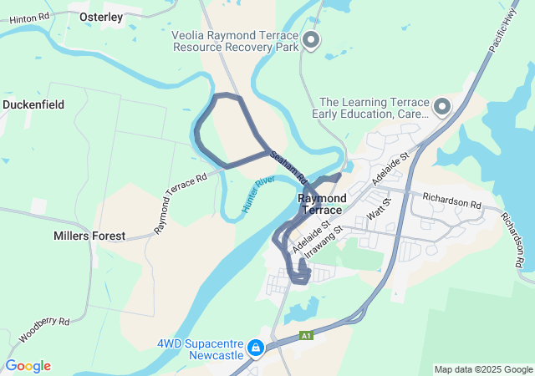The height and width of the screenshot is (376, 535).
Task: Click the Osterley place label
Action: [x=100, y=17]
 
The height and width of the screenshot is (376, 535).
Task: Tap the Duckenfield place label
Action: [x=34, y=104]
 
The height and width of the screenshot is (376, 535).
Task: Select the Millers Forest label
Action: [x=89, y=236]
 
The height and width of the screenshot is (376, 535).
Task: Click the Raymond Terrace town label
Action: [x=322, y=204]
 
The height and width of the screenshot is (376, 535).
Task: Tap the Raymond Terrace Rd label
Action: [x=181, y=203]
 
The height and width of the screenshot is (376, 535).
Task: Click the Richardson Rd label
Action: [x=452, y=203]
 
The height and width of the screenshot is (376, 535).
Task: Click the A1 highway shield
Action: [x=307, y=336]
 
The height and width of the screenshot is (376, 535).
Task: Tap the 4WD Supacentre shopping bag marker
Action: [x=257, y=347]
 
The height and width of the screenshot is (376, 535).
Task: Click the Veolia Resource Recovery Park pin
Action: [x=312, y=39]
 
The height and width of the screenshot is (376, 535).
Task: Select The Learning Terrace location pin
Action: [x=441, y=106]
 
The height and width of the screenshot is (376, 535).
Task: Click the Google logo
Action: [x=28, y=366]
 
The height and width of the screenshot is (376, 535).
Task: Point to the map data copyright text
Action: [x=483, y=369]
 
